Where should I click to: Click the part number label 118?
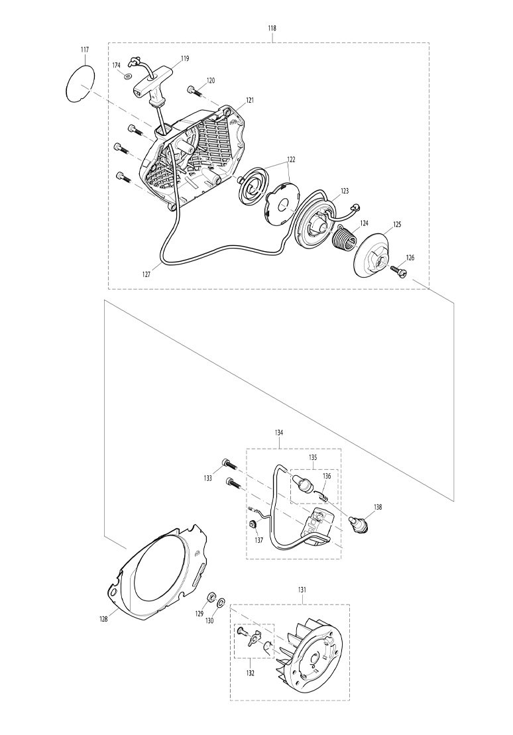[x=272, y=28]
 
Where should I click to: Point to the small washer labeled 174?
[x=129, y=75]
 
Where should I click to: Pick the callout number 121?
[x=250, y=100]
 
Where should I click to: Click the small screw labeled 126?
[x=400, y=270]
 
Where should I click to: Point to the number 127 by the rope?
[x=146, y=275]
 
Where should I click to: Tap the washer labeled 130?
[x=221, y=600]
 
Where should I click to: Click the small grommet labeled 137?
[x=253, y=524]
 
